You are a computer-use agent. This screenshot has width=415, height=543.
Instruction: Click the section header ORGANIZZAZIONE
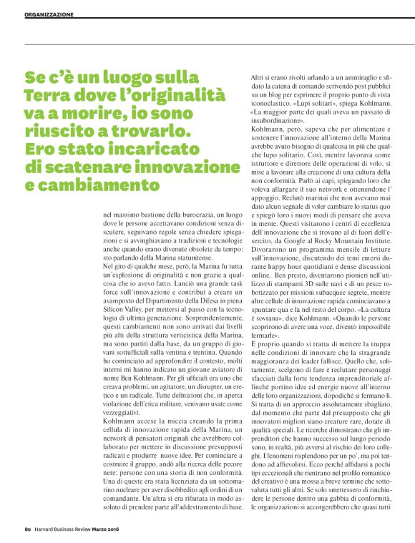(49, 14)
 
